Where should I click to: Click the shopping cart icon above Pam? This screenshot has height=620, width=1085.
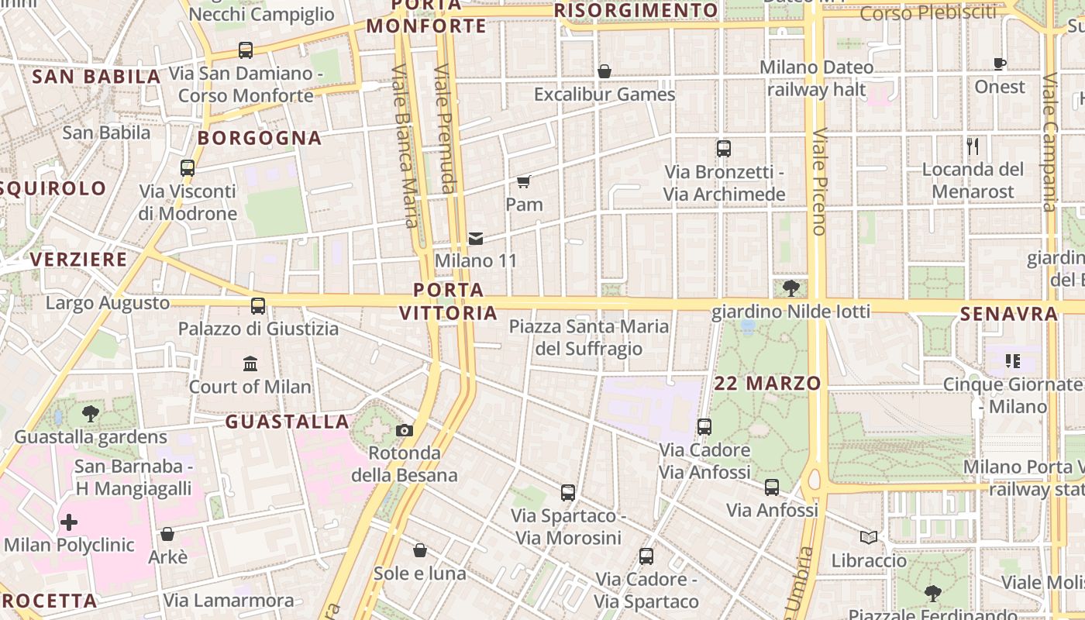[524, 182]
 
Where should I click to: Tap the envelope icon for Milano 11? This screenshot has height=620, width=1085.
[475, 238]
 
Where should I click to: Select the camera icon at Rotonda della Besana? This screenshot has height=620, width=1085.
[404, 431]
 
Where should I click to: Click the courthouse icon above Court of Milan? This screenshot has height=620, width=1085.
[250, 363]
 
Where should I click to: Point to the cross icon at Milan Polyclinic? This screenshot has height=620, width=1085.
[69, 522]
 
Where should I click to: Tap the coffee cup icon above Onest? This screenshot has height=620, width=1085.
[1000, 64]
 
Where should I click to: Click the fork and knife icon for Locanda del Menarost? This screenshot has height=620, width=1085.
[973, 146]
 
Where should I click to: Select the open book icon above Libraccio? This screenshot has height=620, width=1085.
[869, 537]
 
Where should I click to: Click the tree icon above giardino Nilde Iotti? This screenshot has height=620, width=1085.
[790, 288]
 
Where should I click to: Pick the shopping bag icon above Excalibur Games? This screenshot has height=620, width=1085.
[604, 72]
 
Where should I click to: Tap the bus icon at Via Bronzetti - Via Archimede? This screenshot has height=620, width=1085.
[723, 149]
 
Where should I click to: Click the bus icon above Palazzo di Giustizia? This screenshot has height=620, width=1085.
[258, 306]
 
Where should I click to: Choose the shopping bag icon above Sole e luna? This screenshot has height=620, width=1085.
[419, 550]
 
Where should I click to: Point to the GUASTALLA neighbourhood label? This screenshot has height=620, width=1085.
[287, 422]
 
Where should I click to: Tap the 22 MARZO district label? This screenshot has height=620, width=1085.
[767, 383]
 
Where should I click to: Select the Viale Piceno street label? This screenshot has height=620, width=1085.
[818, 182]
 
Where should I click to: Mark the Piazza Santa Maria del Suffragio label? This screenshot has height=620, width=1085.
[589, 337]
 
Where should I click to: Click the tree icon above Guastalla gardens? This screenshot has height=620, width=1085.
[91, 413]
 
